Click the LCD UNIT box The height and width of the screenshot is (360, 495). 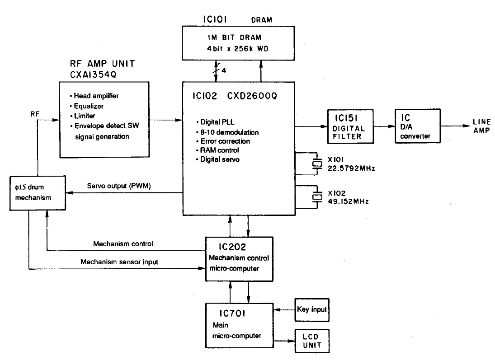[312, 341]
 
